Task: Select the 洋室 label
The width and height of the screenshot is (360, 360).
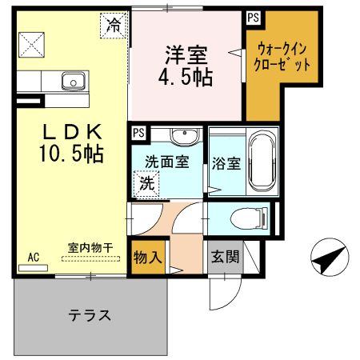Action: click(186, 55)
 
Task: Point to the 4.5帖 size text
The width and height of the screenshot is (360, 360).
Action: click(186, 78)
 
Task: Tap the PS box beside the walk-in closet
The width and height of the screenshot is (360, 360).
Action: click(253, 17)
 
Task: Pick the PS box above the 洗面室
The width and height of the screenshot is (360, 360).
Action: click(138, 133)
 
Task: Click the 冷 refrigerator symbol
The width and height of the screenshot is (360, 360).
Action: click(114, 26)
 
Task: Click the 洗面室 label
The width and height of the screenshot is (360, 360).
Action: click(166, 162)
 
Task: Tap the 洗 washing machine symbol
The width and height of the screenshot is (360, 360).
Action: click(147, 183)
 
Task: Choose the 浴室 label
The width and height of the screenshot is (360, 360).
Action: click(226, 164)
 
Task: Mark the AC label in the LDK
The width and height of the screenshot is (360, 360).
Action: click(34, 257)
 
